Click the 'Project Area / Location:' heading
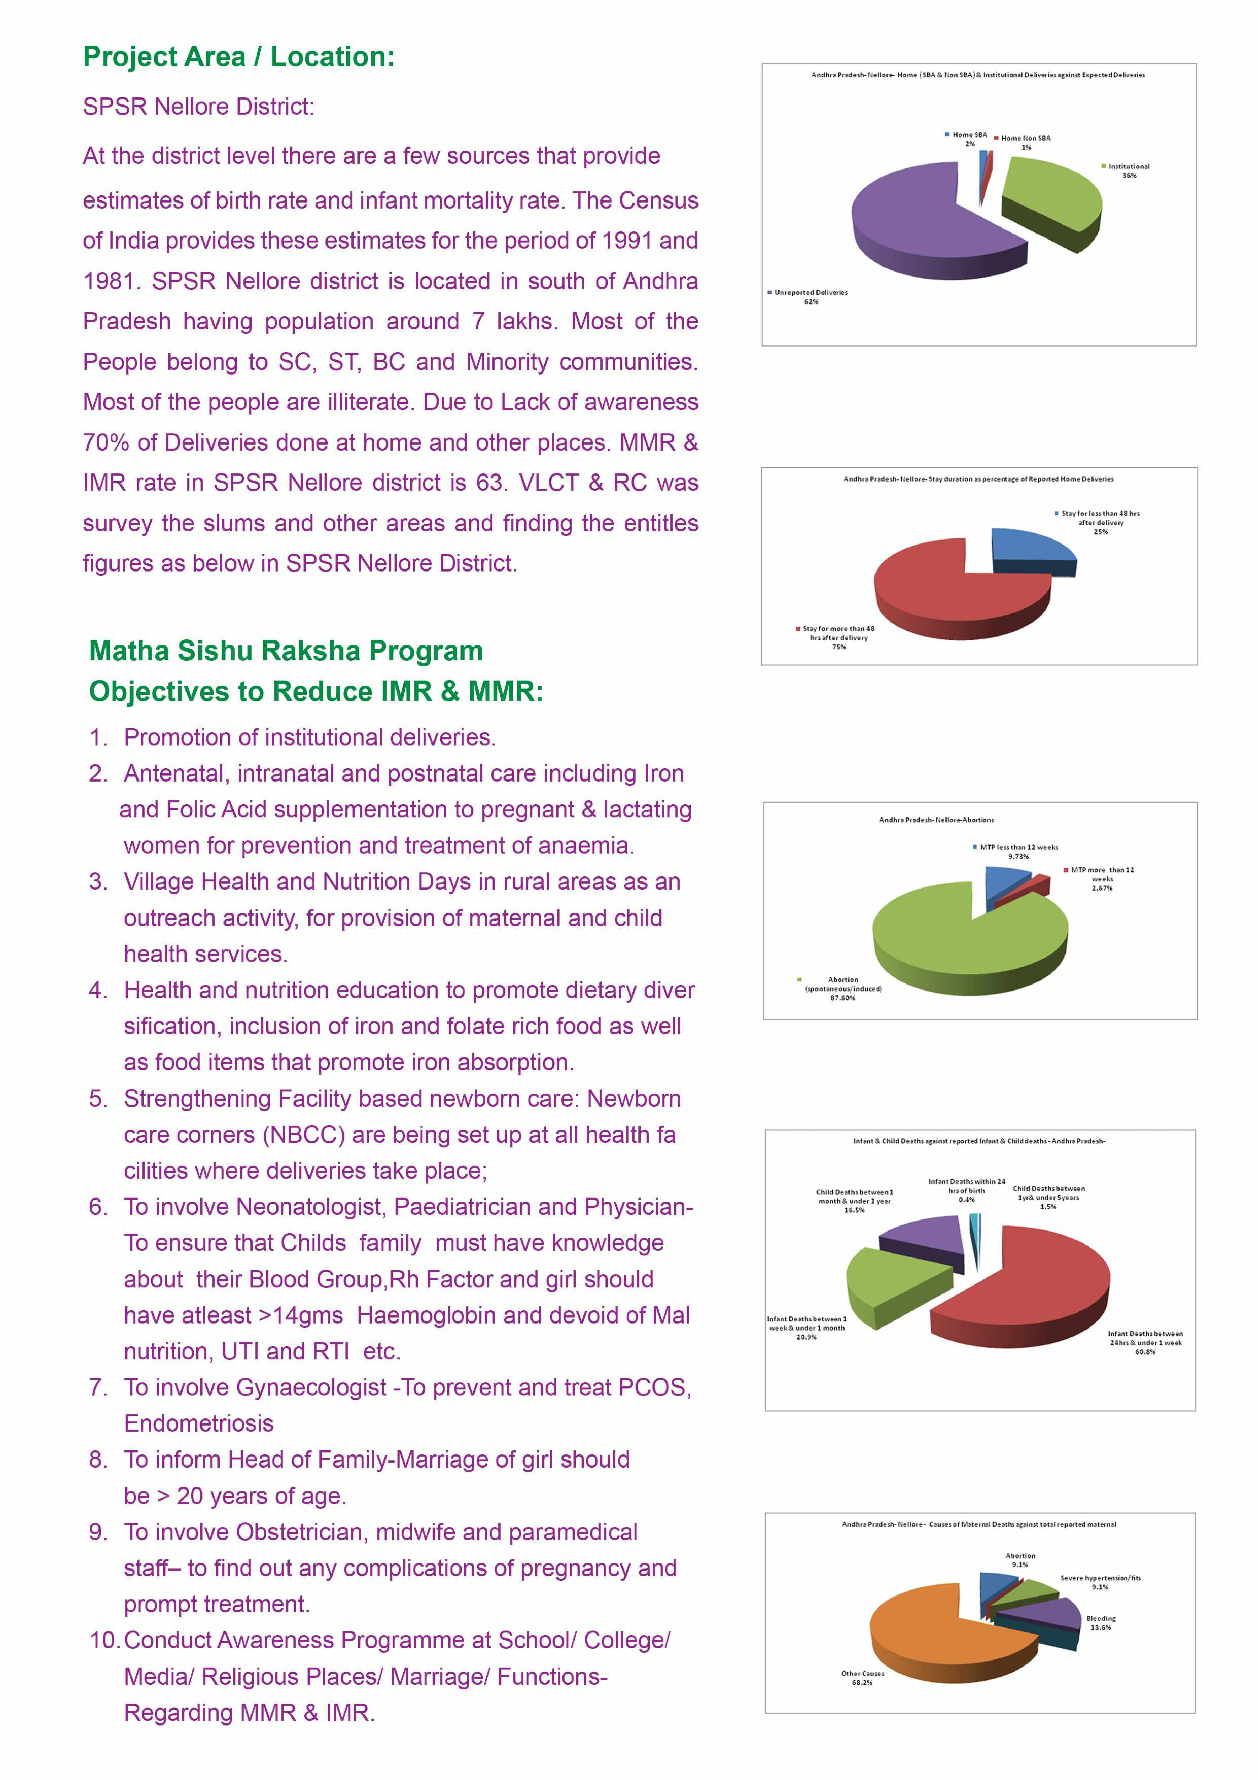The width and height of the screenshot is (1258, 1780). tap(239, 57)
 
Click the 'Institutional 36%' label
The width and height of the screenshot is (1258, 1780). tap(1129, 171)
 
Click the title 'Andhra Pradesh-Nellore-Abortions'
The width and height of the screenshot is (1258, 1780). tap(936, 819)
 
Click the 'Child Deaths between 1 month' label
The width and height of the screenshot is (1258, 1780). tap(854, 1196)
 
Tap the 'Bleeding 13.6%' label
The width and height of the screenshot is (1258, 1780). tap(1101, 1623)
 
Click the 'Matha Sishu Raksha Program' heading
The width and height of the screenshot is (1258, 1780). tap(286, 651)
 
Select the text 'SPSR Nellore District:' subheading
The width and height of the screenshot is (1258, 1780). tap(198, 106)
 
